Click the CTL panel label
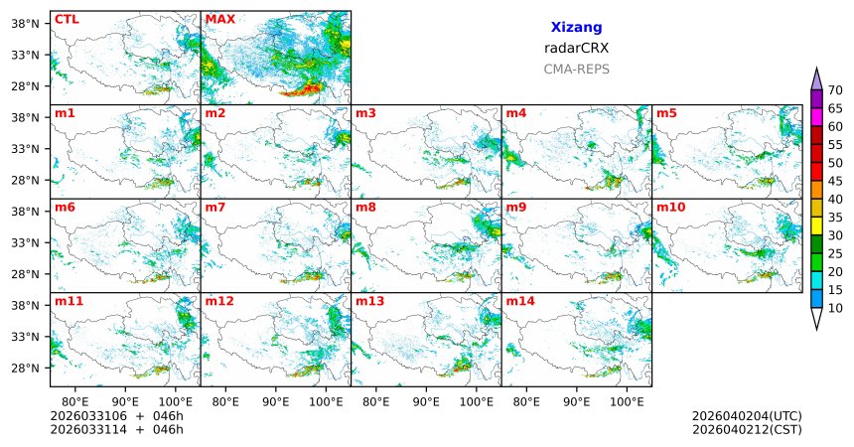coord(67,19)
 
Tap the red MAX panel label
coord(219,19)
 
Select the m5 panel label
coord(666,113)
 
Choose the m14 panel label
coord(519,301)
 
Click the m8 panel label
coord(365,207)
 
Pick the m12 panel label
coord(219,301)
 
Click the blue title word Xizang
coord(576,28)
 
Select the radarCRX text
coord(576,48)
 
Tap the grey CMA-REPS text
coord(576,70)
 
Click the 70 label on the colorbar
coord(835,90)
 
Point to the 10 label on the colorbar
coord(835,309)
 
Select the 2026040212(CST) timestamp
coord(747,429)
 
